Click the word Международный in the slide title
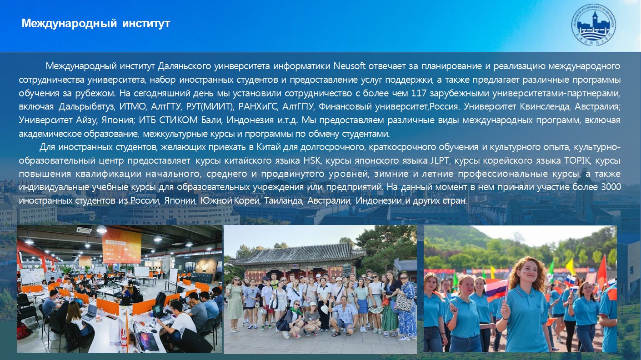click(69, 24)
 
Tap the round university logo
click(593, 25)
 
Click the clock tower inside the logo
click(595, 19)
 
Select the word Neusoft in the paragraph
click(350, 66)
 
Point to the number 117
click(419, 93)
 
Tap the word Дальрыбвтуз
click(87, 107)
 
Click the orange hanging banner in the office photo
click(122, 248)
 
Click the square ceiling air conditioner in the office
click(85, 230)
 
